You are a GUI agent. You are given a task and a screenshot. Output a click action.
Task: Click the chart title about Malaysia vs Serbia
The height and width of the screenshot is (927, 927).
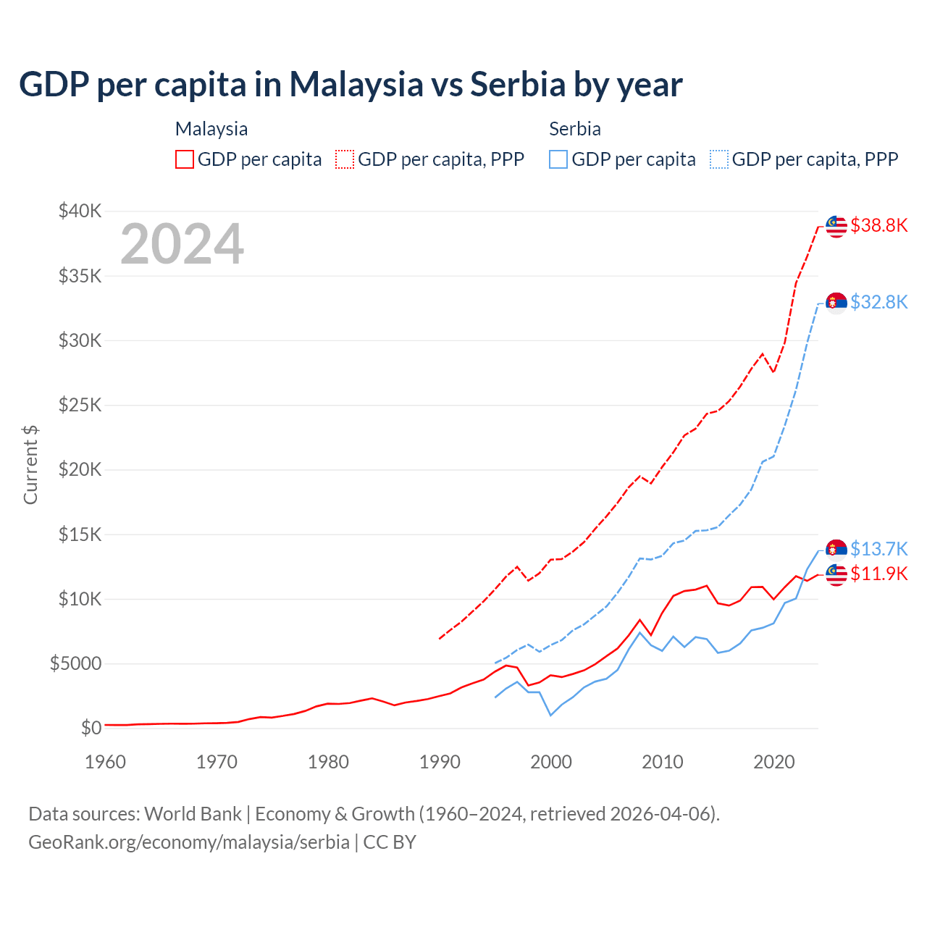pyautogui.click(x=351, y=85)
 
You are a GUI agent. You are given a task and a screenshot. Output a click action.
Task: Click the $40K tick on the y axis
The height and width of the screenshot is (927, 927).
pyautogui.click(x=80, y=211)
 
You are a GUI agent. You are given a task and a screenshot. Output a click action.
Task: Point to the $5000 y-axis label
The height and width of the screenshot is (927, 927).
pyautogui.click(x=75, y=663)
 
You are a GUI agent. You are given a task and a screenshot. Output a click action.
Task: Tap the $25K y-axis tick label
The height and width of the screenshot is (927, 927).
pyautogui.click(x=80, y=405)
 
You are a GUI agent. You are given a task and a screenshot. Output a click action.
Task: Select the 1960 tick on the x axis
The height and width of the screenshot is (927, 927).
pyautogui.click(x=106, y=762)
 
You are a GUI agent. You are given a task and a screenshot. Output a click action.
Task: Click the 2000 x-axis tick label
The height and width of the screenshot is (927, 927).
pyautogui.click(x=551, y=762)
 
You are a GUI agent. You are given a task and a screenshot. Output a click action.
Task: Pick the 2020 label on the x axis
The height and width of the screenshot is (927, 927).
pyautogui.click(x=774, y=762)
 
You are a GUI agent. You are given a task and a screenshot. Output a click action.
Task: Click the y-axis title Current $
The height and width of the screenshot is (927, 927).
pyautogui.click(x=30, y=464)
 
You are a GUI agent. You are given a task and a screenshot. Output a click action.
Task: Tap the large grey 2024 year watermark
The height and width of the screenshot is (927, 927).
pyautogui.click(x=182, y=244)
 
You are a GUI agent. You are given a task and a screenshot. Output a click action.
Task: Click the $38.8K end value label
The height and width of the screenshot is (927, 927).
pyautogui.click(x=878, y=226)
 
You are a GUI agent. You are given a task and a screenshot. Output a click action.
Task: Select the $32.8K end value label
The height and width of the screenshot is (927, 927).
pyautogui.click(x=878, y=302)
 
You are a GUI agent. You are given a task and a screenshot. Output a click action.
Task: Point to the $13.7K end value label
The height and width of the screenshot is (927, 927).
pyautogui.click(x=878, y=549)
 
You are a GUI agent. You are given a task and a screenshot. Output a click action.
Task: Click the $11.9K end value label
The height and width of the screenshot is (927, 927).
pyautogui.click(x=878, y=574)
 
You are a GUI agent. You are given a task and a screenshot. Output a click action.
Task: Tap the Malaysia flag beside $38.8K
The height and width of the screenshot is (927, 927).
pyautogui.click(x=836, y=226)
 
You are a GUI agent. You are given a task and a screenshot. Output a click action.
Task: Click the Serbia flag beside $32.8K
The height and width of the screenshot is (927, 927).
pyautogui.click(x=836, y=302)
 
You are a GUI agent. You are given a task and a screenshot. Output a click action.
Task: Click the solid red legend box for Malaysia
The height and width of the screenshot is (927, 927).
pyautogui.click(x=185, y=159)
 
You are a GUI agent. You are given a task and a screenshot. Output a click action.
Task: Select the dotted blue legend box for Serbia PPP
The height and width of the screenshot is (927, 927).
pyautogui.click(x=719, y=159)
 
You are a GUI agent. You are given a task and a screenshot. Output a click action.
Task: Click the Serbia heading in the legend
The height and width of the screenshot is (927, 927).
pyautogui.click(x=575, y=129)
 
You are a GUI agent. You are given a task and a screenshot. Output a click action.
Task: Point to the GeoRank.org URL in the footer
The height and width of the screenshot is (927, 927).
pyautogui.click(x=189, y=842)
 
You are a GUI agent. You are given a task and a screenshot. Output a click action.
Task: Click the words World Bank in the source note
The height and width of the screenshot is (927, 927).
pyautogui.click(x=193, y=814)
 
